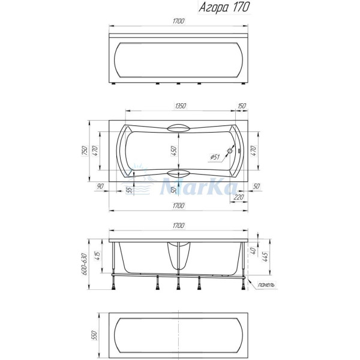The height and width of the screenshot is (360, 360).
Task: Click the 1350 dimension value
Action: (x=179, y=106)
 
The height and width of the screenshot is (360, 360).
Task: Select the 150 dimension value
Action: (x=241, y=106)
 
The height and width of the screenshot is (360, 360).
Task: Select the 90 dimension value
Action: (x=101, y=187)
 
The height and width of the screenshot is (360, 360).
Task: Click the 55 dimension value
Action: (x=129, y=190)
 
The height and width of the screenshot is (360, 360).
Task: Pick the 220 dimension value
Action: (x=239, y=197)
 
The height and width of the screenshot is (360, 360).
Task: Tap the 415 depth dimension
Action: (x=97, y=259)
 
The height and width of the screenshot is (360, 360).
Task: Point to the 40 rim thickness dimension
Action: (x=254, y=251)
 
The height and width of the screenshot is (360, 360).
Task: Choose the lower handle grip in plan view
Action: (x=178, y=174)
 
